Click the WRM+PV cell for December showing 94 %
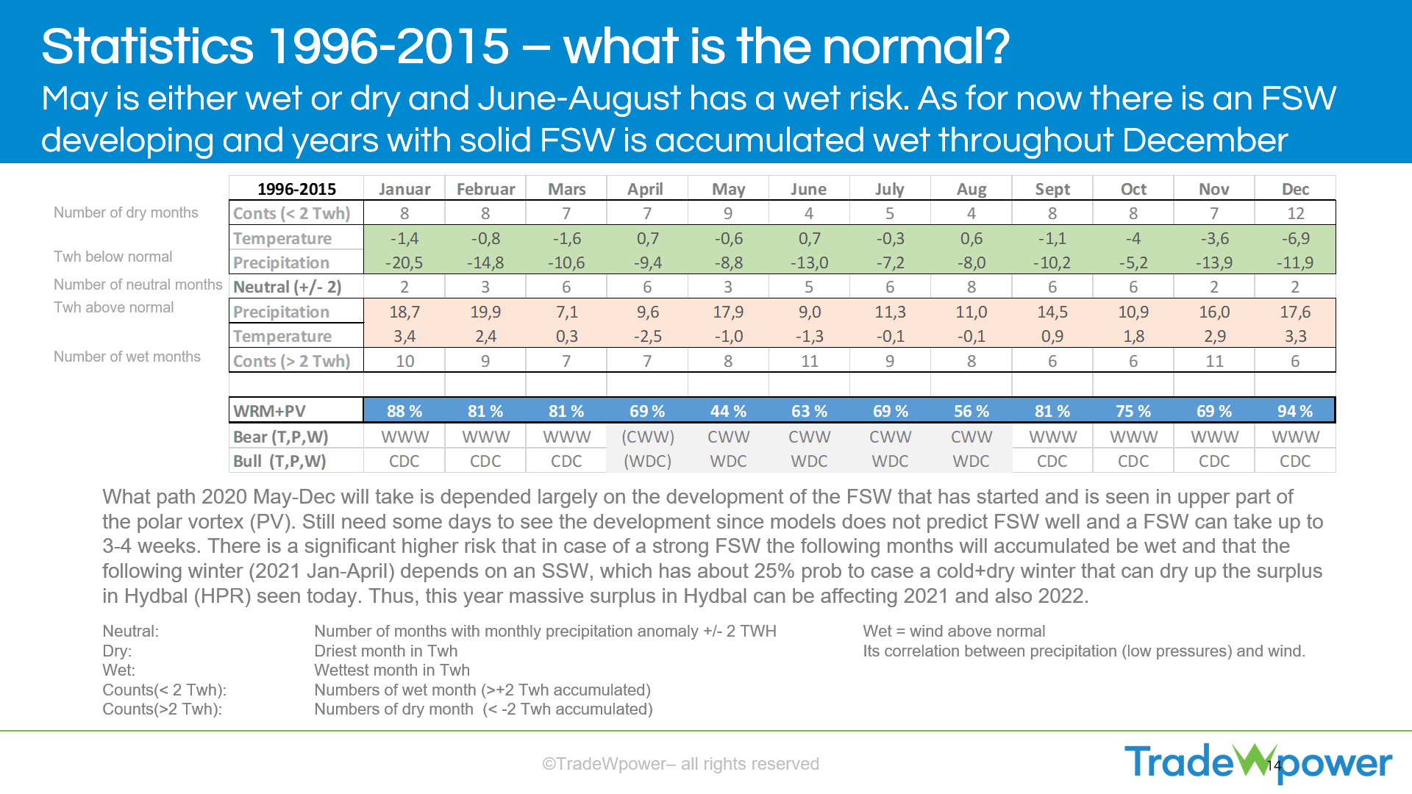[1294, 411]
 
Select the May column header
[728, 189]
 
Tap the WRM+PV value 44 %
[728, 411]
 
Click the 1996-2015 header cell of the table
[296, 189]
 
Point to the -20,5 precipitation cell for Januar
[404, 262]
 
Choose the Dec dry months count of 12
[1295, 213]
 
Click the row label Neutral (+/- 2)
[288, 287]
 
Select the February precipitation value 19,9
[485, 312]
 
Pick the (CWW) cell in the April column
[647, 437]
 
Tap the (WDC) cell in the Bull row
[647, 461]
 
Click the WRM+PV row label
[269, 411]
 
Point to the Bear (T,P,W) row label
[280, 437]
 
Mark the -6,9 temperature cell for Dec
[1295, 238]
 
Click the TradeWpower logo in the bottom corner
[1258, 762]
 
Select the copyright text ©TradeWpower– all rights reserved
[680, 764]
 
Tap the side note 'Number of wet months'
[127, 357]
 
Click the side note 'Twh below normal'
[113, 257]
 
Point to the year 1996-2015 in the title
[388, 46]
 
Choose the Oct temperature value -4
[1133, 238]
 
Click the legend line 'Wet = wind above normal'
[954, 631]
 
